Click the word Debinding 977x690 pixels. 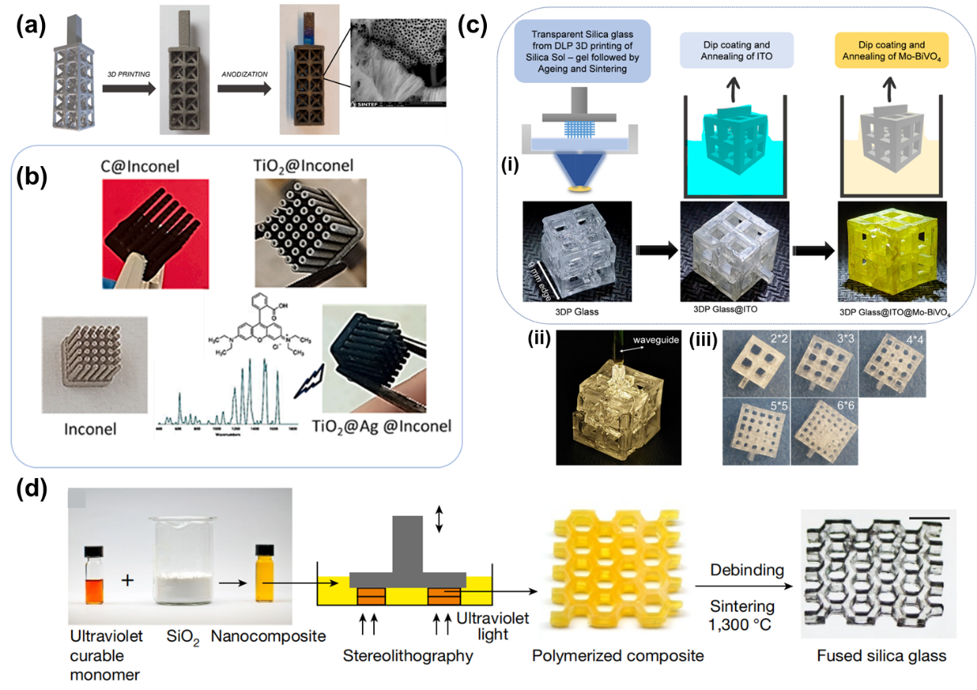746,570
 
